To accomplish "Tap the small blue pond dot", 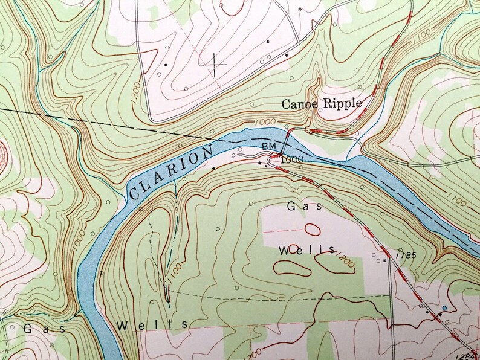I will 445,308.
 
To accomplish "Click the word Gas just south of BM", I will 299,206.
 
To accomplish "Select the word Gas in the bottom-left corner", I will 38,328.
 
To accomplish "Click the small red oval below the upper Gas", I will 312,229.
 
